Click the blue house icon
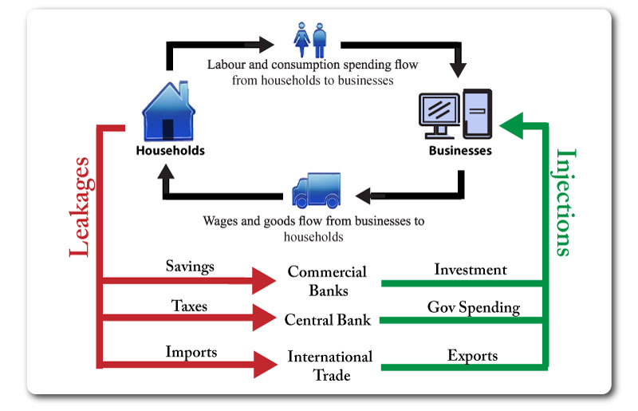[x=168, y=111]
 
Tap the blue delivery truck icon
[x=316, y=190]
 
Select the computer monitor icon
[x=439, y=115]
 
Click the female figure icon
[x=301, y=40]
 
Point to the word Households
[x=170, y=151]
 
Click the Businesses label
[x=460, y=151]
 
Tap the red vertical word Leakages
[x=81, y=207]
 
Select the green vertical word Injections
[x=565, y=203]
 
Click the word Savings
[x=190, y=267]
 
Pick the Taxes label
[x=189, y=306]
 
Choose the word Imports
[x=191, y=352]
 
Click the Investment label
[x=471, y=269]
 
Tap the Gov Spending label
[x=474, y=307]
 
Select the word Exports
[x=472, y=356]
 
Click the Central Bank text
[x=328, y=320]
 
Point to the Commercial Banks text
[x=327, y=281]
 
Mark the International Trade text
[x=330, y=366]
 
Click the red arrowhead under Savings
[x=264, y=281]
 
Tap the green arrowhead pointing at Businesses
[x=511, y=126]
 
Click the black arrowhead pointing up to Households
[x=166, y=171]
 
